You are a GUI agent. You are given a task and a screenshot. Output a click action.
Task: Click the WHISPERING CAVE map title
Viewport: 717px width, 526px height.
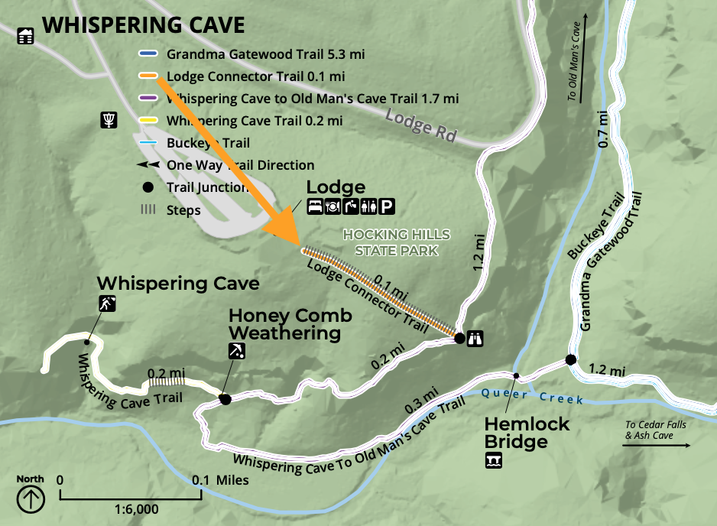click(x=143, y=25)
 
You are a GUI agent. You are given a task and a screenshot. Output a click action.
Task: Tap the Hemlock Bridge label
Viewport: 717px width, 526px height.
click(x=526, y=433)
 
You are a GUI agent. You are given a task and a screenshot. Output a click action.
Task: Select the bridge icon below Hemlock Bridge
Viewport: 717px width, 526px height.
click(x=494, y=460)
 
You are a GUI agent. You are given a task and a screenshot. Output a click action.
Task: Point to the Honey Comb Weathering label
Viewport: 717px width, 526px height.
click(x=290, y=324)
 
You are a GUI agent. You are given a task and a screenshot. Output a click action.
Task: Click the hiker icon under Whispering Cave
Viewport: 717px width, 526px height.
click(x=106, y=304)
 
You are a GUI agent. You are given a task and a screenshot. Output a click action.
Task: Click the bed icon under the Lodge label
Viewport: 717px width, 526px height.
click(x=314, y=206)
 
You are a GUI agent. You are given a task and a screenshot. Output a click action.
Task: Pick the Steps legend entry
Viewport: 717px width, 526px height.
click(x=183, y=210)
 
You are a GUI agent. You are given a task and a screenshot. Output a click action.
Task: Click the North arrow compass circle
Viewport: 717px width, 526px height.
click(x=31, y=498)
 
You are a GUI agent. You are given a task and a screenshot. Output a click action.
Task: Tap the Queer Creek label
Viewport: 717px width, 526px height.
click(x=532, y=396)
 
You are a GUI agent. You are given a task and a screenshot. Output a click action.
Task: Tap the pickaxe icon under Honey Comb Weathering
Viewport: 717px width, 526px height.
click(x=237, y=351)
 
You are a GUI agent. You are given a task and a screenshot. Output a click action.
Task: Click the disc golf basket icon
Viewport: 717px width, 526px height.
click(x=109, y=120)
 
